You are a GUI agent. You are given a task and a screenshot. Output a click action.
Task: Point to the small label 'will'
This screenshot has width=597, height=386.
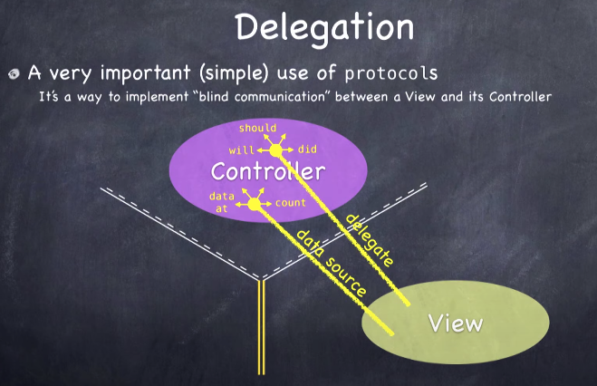(x=240, y=150)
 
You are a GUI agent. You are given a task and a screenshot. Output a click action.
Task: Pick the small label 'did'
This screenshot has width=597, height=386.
(x=307, y=150)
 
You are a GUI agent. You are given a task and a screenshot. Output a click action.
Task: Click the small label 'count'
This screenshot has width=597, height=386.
(x=290, y=203)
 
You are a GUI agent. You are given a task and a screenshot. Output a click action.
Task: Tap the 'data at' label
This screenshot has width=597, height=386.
(x=220, y=201)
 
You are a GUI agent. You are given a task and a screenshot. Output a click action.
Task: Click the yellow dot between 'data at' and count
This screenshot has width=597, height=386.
(x=255, y=205)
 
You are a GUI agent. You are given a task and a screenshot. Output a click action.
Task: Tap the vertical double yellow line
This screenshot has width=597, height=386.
(x=261, y=326)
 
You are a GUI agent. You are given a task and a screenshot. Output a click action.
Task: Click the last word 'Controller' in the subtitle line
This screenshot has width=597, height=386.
(x=519, y=95)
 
